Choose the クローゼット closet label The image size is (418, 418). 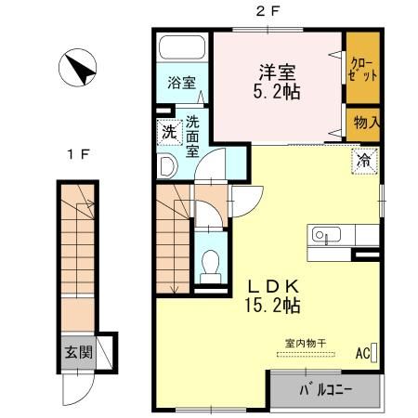coord(362,69)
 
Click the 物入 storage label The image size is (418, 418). coord(363,122)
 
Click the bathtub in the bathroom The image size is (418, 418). coord(182,48)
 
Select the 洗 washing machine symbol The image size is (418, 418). coord(168,132)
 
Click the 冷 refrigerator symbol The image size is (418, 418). coord(363,160)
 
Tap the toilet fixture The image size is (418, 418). coord(210,263)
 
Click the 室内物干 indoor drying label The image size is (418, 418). coord(307,342)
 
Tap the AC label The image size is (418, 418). coord(361,353)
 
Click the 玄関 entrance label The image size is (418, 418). coord(78,352)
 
